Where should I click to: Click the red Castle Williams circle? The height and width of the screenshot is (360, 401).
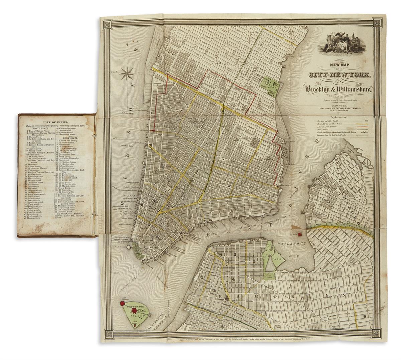point(122,304)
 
